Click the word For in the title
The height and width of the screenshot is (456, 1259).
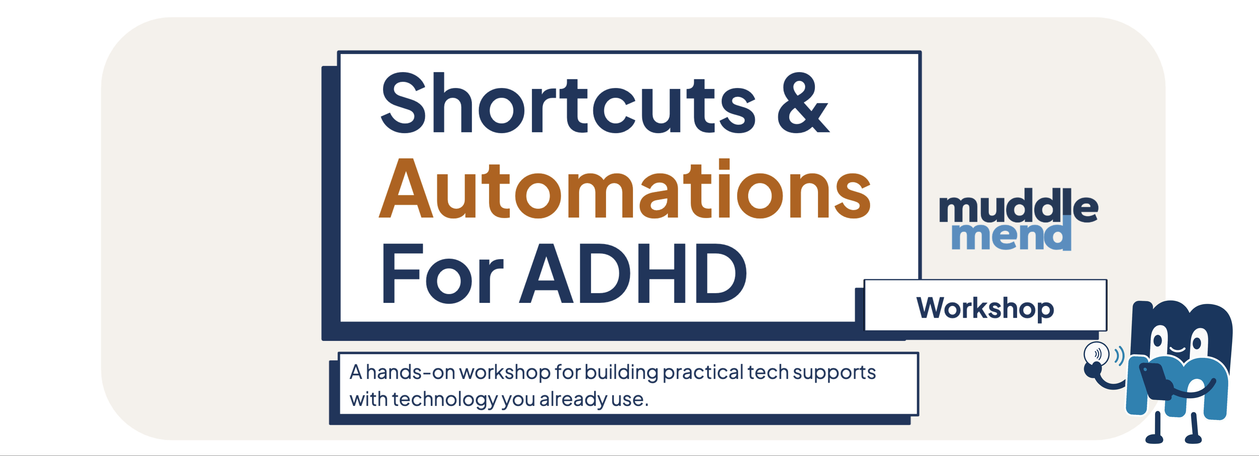click(442, 274)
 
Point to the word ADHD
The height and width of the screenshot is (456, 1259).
click(633, 273)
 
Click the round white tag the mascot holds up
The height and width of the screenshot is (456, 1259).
click(1096, 353)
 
